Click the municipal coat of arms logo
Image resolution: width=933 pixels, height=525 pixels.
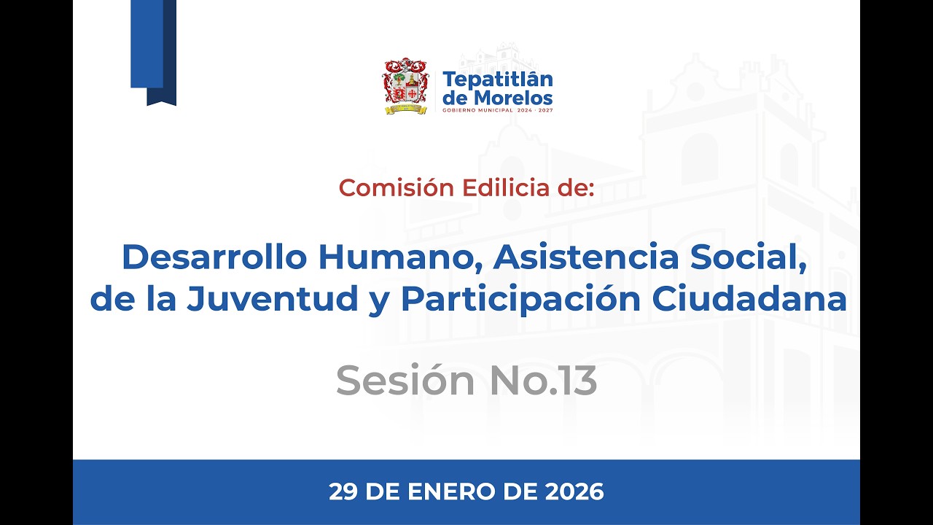pos(405,86)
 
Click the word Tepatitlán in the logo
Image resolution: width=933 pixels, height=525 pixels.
pos(498,79)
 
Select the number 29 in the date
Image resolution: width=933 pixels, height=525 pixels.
pos(342,492)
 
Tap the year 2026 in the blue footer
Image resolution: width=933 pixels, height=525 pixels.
pos(574,492)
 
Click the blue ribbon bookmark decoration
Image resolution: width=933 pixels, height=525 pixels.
pos(153,51)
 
